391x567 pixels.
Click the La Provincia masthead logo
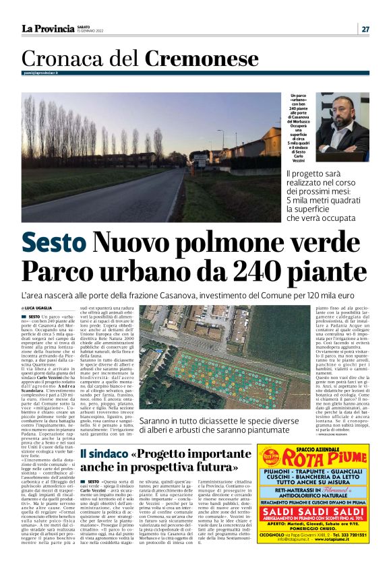click(48, 28)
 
